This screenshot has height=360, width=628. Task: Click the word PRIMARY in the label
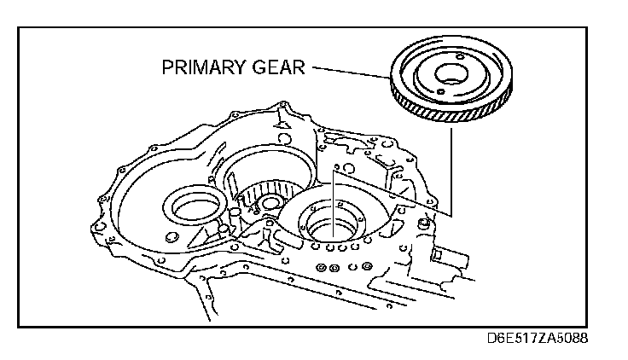[201, 67]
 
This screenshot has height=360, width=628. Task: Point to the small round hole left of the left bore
[170, 235]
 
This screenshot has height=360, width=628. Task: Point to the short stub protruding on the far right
[437, 254]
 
